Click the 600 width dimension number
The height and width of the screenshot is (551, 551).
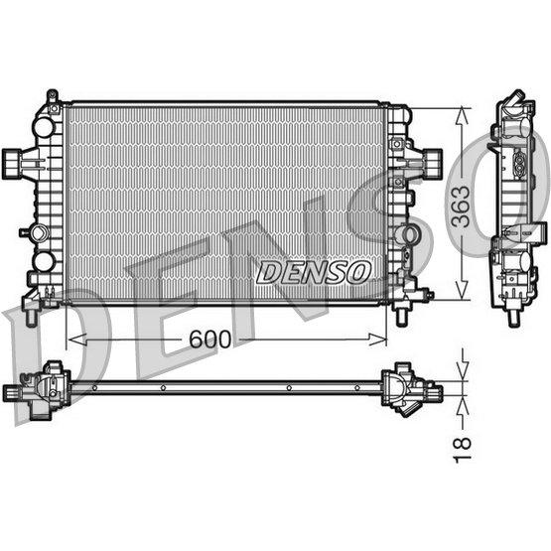210,340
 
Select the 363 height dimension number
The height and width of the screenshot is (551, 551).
461,207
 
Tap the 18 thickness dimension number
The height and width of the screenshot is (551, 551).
462,450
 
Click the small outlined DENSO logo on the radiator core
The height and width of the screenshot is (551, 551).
314,272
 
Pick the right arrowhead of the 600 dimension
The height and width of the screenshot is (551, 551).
377,340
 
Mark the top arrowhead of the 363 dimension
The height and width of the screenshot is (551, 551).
462,116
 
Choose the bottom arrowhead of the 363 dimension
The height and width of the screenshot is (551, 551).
462,291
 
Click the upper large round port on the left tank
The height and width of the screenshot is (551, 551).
44,127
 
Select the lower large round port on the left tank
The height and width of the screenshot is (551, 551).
44,262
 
